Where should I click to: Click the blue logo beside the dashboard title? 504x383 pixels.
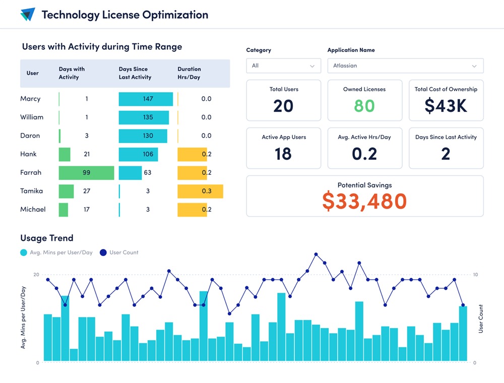28,15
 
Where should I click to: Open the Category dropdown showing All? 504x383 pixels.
283,66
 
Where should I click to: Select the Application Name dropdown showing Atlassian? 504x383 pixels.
405,66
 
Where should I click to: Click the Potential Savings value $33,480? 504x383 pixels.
364,201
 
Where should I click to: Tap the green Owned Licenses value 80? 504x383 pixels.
364,106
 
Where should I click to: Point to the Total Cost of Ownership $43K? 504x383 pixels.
446,106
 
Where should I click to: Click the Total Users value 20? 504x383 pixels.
283,106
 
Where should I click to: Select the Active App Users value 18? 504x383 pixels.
283,154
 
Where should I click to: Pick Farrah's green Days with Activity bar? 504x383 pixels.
86,173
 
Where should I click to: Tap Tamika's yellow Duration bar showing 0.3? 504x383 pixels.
200,191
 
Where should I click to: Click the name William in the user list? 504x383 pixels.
32,117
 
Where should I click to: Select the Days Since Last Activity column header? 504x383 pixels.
135,73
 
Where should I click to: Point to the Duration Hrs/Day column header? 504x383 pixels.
189,73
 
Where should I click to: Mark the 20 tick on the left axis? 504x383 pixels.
36,275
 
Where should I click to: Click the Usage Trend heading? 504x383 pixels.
47,238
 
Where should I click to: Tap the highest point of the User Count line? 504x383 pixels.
316,254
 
